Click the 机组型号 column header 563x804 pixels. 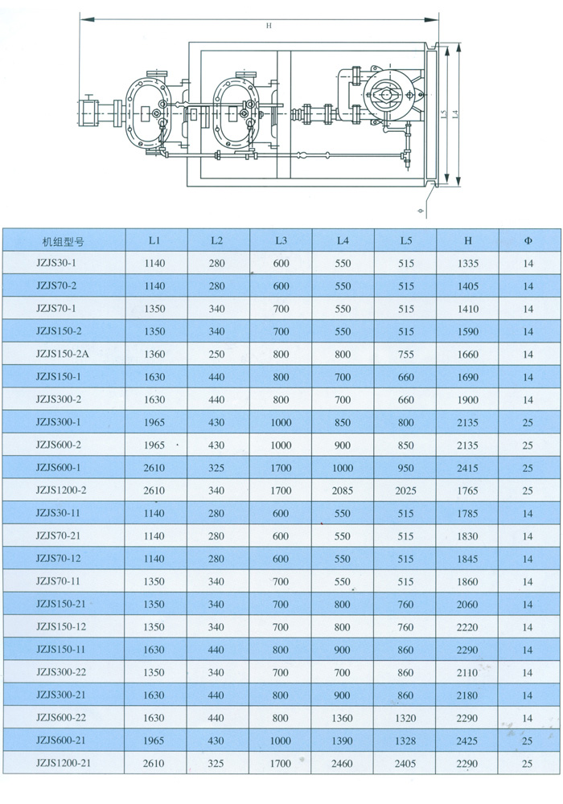pos(63,241)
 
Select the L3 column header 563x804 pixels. pos(281,240)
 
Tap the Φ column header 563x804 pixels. pos(528,240)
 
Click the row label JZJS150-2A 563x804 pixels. pos(63,354)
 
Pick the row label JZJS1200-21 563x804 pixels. pos(64,763)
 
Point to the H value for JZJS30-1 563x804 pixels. pos(467,264)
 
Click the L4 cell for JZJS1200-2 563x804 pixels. pos(342,490)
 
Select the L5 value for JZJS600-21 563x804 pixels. pos(405,741)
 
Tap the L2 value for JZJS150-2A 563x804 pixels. pos(216,355)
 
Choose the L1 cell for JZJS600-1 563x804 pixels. pos(154,468)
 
